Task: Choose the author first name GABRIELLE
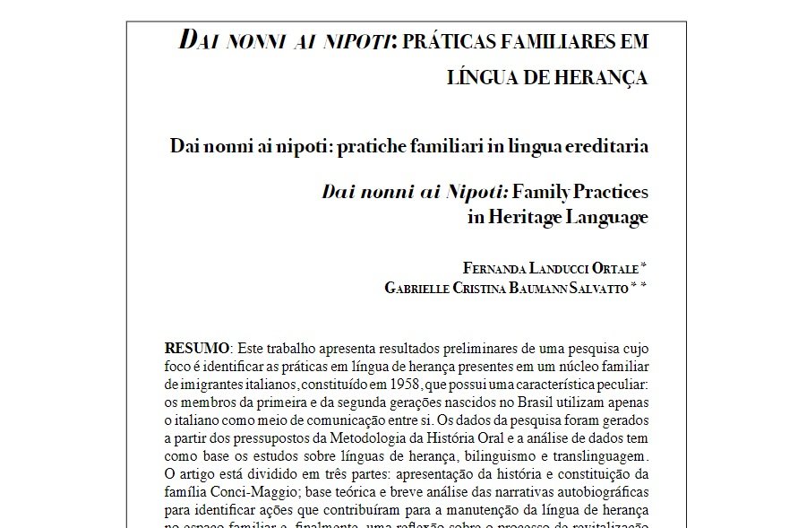pos(421,287)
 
